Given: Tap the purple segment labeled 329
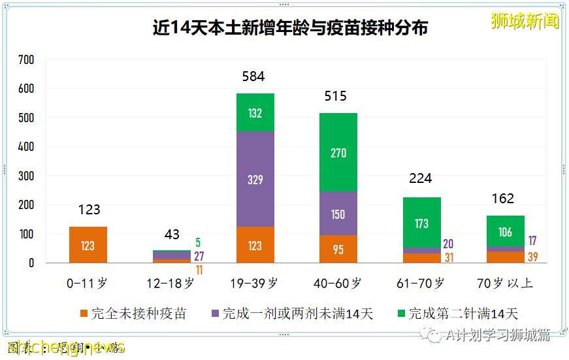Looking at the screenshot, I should pyautogui.click(x=255, y=179).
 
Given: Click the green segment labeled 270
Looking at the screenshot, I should pyautogui.click(x=338, y=152).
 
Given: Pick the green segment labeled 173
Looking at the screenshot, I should pyautogui.click(x=421, y=223).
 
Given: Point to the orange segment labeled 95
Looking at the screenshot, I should pyautogui.click(x=338, y=249).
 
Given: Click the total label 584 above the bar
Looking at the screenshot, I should pyautogui.click(x=253, y=76).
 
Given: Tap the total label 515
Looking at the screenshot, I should pyautogui.click(x=336, y=97).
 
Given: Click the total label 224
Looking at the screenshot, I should pyautogui.click(x=420, y=178).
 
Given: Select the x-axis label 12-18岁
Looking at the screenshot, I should pyautogui.click(x=171, y=284).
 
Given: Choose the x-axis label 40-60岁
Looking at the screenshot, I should pyautogui.click(x=338, y=284).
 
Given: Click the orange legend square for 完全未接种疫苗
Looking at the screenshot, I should pyautogui.click(x=83, y=314).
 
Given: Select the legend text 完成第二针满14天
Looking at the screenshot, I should pyautogui.click(x=463, y=314).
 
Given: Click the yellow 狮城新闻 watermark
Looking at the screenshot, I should pyautogui.click(x=525, y=21).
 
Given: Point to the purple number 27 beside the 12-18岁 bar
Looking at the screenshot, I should pyautogui.click(x=199, y=255).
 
